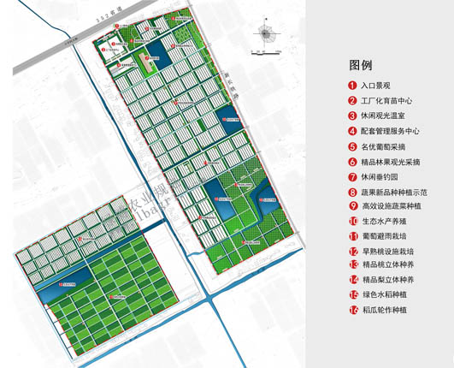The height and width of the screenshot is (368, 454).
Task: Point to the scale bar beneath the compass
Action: [266, 52]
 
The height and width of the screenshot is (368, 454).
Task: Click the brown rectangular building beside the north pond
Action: [132, 62]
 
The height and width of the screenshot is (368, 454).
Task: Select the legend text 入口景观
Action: [376, 86]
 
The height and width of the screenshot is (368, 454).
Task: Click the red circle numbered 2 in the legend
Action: [352, 101]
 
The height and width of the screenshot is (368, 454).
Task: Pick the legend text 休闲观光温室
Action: [385, 116]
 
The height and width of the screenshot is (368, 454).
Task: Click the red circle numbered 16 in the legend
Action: [352, 310]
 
